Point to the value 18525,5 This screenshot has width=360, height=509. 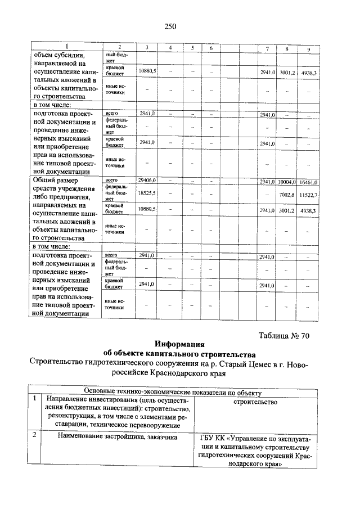pyautogui.click(x=147, y=193)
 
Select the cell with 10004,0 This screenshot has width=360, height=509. pyautogui.click(x=286, y=182)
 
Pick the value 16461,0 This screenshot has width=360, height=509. pyautogui.click(x=308, y=182)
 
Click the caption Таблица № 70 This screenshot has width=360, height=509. pyautogui.click(x=284, y=336)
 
